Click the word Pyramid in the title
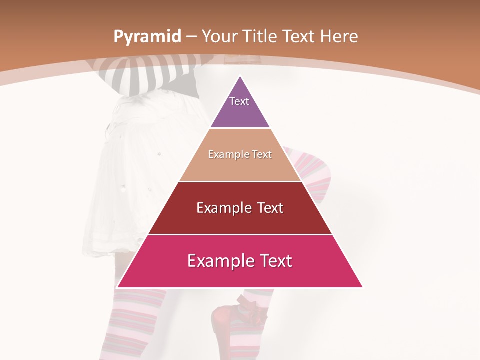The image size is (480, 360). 147,37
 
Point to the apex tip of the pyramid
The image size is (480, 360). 240,77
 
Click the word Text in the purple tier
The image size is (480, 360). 239,101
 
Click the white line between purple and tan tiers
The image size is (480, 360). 240,128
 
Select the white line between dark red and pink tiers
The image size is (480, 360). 240,234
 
